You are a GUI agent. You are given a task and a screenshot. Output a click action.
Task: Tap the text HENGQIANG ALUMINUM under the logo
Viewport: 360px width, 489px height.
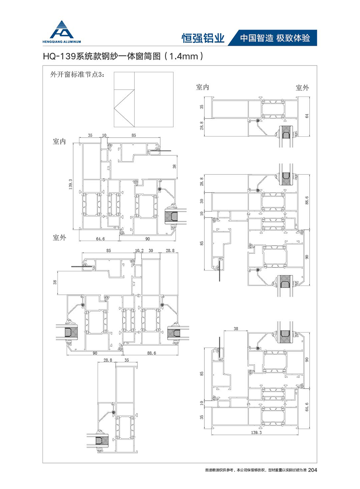pos(62,42)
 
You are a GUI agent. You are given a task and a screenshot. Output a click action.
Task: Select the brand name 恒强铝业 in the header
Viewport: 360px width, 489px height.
pos(203,38)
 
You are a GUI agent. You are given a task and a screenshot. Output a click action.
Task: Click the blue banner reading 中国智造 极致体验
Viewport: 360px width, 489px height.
pos(273,38)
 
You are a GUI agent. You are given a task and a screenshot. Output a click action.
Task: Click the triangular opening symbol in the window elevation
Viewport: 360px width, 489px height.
pos(124,108)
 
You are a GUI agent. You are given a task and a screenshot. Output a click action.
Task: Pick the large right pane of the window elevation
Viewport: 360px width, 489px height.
pos(154,100)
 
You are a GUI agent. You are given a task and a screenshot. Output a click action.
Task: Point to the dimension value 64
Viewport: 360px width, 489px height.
pos(307,116)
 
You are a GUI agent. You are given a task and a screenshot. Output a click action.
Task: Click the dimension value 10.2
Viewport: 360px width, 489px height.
pos(139,251)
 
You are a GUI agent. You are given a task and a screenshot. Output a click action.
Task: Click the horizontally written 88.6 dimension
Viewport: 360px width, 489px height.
pos(151,353)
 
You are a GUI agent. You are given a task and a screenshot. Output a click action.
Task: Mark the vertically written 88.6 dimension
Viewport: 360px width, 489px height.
pos(307,200)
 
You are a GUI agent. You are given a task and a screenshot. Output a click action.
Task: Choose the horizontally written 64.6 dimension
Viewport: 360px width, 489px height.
pos(100,239)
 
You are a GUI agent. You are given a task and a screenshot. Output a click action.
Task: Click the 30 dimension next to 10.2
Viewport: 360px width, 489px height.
pos(151,251)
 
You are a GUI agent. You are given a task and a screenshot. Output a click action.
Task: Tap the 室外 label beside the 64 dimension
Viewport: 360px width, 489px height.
pos(302,88)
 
